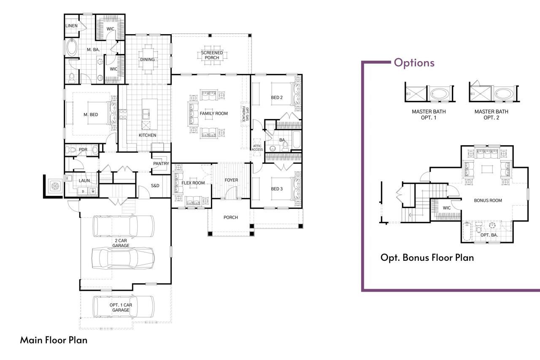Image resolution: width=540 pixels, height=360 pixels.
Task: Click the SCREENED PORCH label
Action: [x=212, y=55]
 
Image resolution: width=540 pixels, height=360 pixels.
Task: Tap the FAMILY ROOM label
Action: [x=213, y=114]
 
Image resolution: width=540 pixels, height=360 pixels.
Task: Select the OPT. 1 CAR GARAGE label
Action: [x=121, y=307]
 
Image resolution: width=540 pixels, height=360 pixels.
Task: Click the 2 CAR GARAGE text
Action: [x=121, y=243]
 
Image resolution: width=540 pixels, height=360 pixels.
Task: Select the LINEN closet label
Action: [x=71, y=26]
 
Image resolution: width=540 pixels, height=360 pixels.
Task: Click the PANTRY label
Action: [x=161, y=164]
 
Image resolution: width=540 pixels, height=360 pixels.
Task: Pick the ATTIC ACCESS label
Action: [x=257, y=147]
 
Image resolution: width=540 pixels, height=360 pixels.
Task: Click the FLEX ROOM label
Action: [x=193, y=183]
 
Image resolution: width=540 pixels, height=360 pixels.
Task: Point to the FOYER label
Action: [x=231, y=180]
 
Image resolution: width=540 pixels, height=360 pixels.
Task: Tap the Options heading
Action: [x=414, y=63]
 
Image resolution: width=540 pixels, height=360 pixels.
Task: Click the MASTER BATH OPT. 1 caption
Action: [x=429, y=115]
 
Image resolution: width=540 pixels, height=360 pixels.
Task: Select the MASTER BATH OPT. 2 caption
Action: [x=491, y=115]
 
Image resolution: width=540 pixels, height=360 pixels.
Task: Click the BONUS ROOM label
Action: [x=488, y=200]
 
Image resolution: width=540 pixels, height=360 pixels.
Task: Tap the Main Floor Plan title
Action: [x=54, y=340]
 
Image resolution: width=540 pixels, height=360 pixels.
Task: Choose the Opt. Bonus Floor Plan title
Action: [x=427, y=257]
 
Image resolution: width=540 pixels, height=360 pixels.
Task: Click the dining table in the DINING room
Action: [x=147, y=59]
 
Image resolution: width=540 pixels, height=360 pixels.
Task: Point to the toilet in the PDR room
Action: [x=72, y=150]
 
